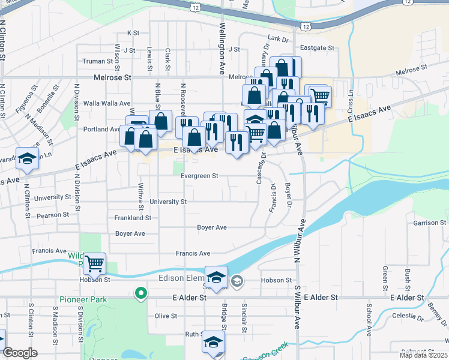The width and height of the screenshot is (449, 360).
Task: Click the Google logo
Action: click(x=20, y=353)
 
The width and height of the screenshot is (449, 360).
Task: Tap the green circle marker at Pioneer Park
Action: click(x=140, y=293)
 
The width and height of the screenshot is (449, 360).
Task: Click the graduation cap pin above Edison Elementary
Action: click(x=216, y=277)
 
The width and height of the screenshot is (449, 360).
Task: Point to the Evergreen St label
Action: click(x=199, y=176)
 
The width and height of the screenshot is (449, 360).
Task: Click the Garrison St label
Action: click(x=426, y=223)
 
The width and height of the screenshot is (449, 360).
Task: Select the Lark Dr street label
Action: click(x=278, y=38)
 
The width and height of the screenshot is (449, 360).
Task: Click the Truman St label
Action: click(x=94, y=61)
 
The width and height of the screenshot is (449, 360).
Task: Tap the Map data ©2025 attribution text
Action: click(x=423, y=355)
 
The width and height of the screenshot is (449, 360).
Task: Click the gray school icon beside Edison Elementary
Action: click(x=237, y=280)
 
